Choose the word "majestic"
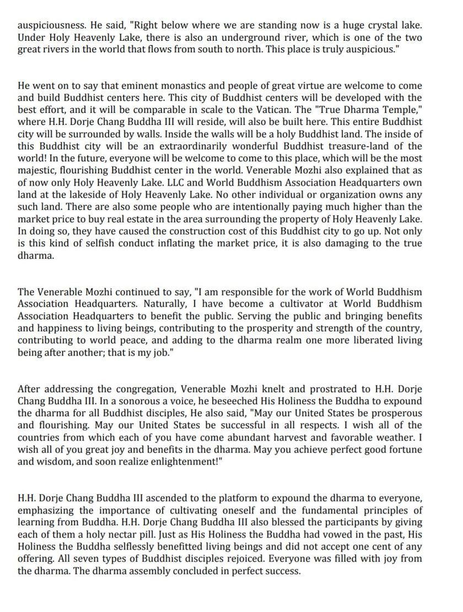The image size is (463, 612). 40,170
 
